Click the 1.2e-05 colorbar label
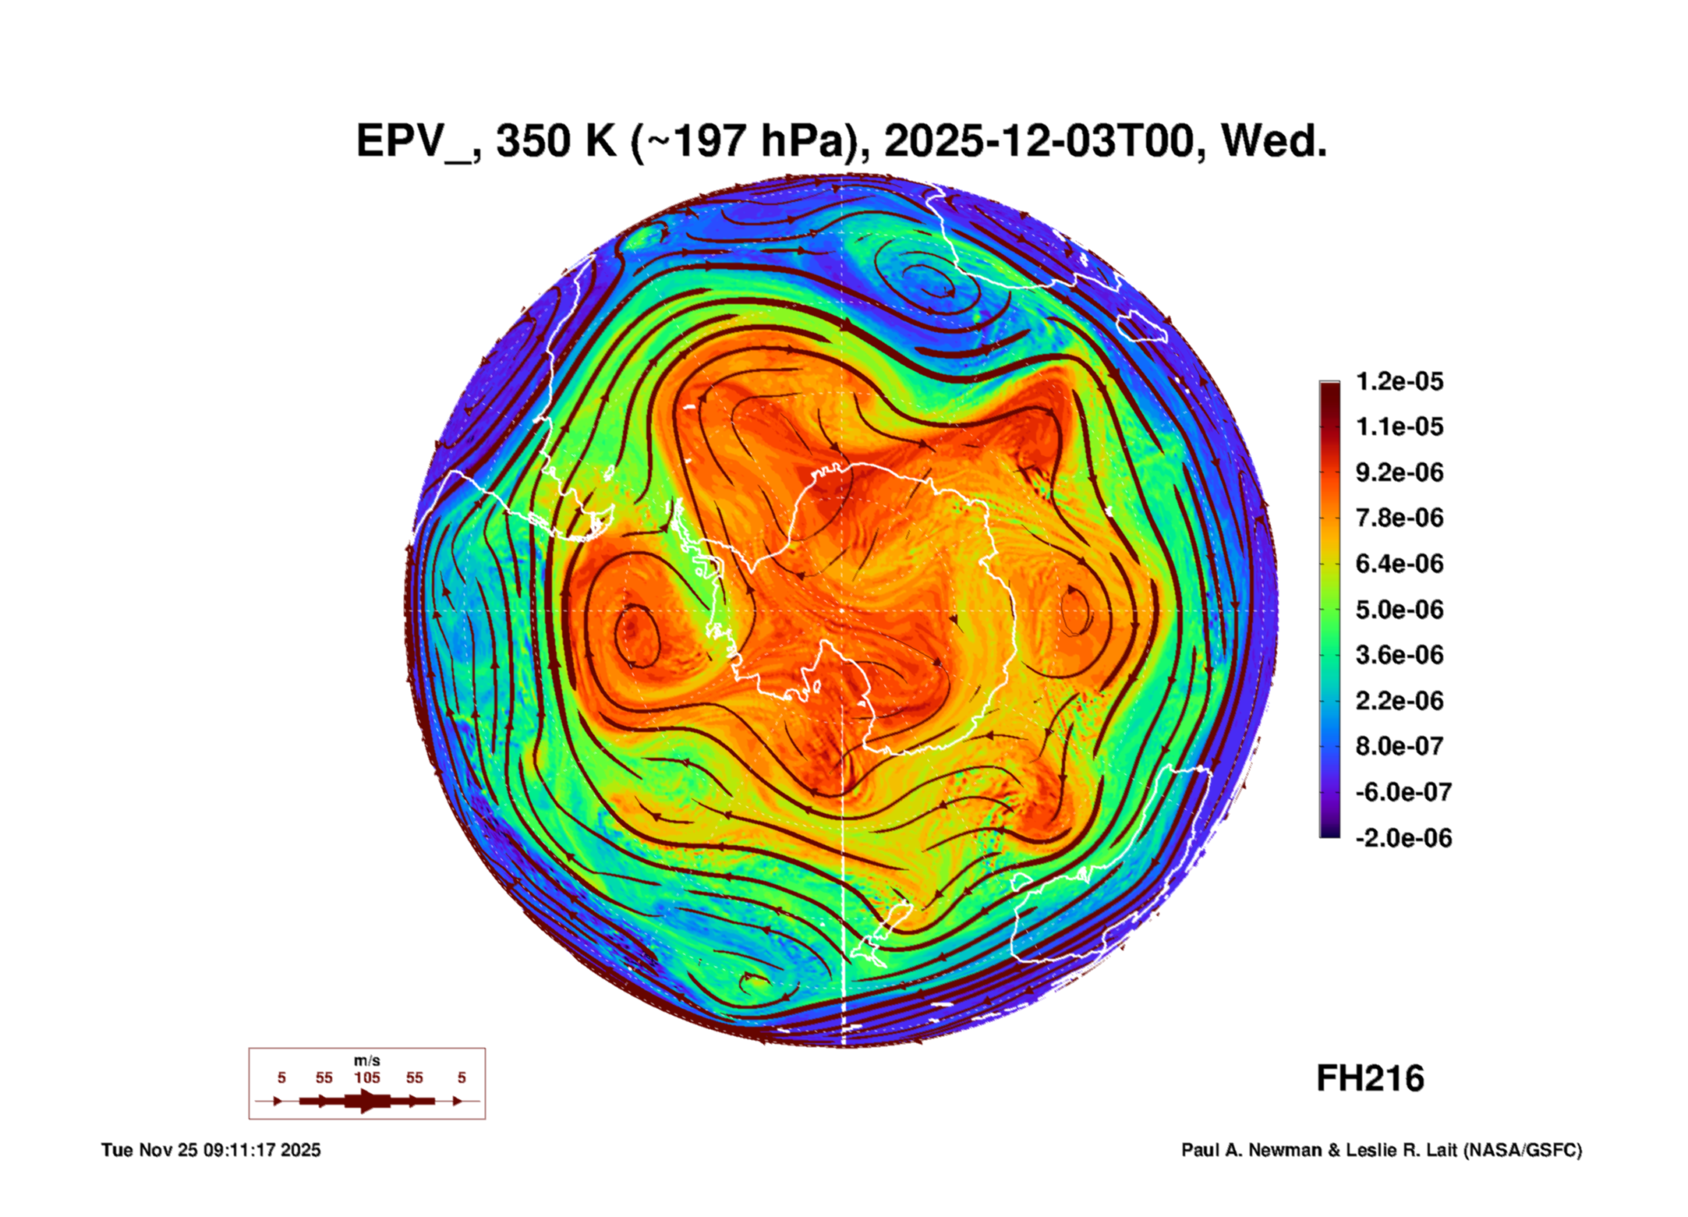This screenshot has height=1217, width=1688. pyautogui.click(x=1399, y=381)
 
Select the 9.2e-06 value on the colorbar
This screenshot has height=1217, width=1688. pyautogui.click(x=1399, y=472)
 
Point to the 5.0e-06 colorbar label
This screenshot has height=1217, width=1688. pyautogui.click(x=1399, y=610)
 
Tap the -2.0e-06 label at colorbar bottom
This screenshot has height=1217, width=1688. pyautogui.click(x=1403, y=838)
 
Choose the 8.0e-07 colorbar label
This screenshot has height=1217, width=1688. pyautogui.click(x=1399, y=746)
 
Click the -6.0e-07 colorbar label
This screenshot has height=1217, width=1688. pyautogui.click(x=1403, y=792)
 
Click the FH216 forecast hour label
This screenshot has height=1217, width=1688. pyautogui.click(x=1370, y=1078)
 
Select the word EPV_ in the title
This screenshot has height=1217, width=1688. pyautogui.click(x=413, y=142)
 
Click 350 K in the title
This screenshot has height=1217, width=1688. pyautogui.click(x=556, y=142)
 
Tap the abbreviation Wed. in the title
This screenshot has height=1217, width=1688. pyautogui.click(x=1274, y=142)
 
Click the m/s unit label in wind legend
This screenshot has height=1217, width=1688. pyautogui.click(x=366, y=1060)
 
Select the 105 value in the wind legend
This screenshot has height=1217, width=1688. pyautogui.click(x=366, y=1077)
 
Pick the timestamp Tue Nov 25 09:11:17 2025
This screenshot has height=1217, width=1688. pyautogui.click(x=211, y=1150)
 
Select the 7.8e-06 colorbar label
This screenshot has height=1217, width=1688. pyautogui.click(x=1399, y=518)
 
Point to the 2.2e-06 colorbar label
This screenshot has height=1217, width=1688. pyautogui.click(x=1399, y=701)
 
